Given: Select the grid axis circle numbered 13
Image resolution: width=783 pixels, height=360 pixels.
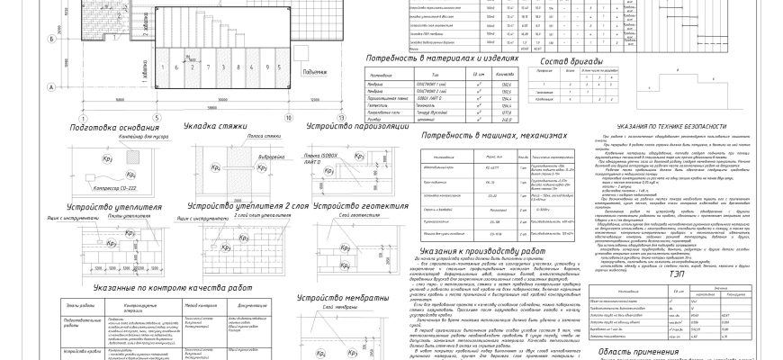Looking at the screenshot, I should click(341, 118).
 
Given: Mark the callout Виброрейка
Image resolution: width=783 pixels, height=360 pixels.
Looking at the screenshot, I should click(237, 154).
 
